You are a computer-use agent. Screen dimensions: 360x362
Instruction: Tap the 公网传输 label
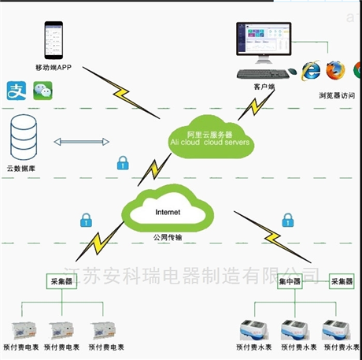pyautogui.click(x=167, y=236)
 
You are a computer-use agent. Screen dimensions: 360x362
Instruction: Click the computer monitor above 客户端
pyautogui.click(x=266, y=46)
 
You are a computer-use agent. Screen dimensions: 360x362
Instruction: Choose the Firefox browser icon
pyautogui.click(x=336, y=70)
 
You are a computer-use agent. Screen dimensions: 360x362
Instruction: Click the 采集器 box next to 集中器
pyautogui.click(x=342, y=281)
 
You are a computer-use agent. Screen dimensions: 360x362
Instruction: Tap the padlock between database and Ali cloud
pyautogui.click(x=122, y=164)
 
